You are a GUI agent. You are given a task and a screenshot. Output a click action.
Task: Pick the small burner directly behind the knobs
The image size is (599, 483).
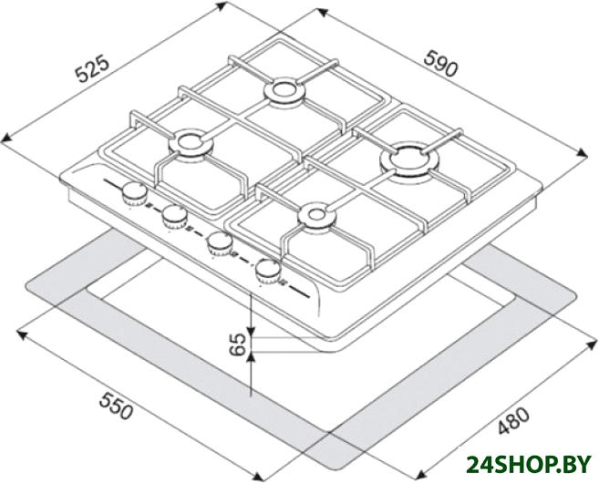[x=190, y=142]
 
